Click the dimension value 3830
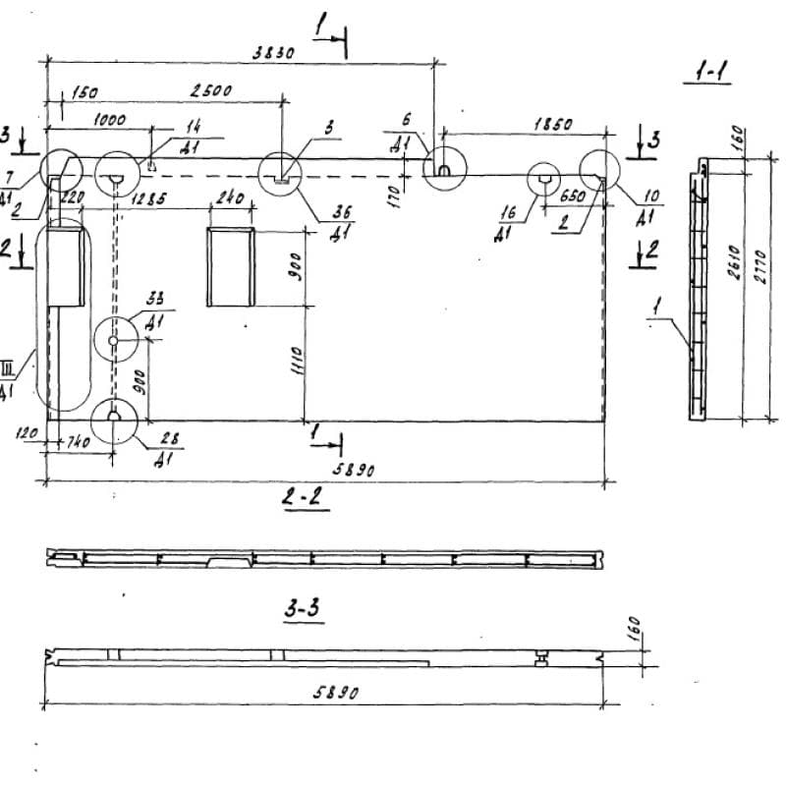click(x=273, y=55)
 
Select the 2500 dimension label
click(x=211, y=90)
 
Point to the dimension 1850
click(x=554, y=125)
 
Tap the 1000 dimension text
click(x=108, y=119)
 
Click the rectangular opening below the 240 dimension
click(x=230, y=266)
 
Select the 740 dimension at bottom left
click(x=79, y=443)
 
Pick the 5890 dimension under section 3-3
click(x=336, y=693)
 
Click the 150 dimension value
click(x=84, y=93)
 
